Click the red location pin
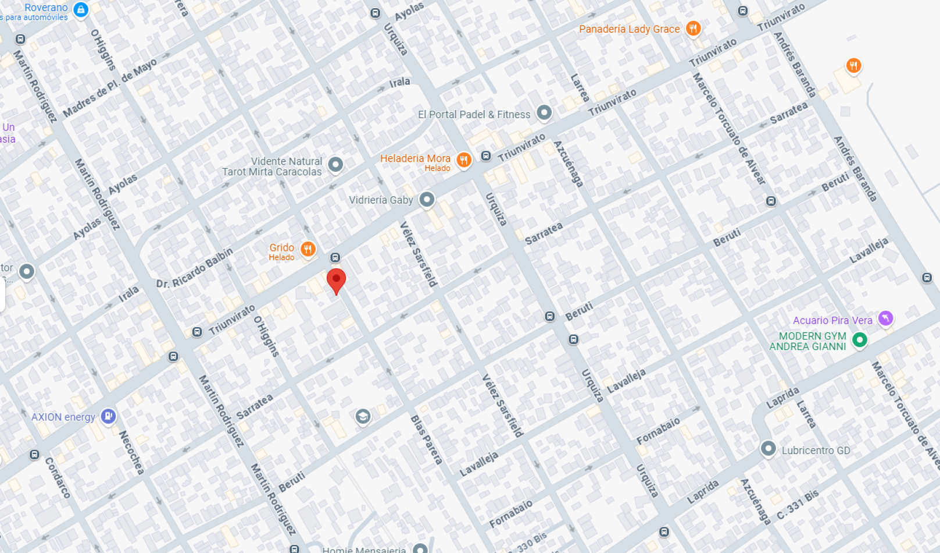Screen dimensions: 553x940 336,280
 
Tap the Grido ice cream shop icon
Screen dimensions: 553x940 308,249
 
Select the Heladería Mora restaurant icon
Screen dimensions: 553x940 463,159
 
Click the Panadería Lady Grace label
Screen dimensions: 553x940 629,29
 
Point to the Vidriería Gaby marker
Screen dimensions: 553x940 427,200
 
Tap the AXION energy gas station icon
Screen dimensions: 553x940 108,416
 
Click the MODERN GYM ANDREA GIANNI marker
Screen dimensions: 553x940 859,339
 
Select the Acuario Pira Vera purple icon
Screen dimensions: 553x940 885,318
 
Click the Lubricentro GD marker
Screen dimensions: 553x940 768,448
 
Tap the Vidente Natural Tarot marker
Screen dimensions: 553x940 335,164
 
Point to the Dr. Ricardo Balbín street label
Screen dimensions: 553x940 194,268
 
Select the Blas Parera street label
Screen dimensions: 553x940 426,439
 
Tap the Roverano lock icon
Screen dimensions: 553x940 81,9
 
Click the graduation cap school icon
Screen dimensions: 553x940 363,416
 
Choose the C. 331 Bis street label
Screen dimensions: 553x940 798,504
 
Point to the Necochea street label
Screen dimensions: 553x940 131,452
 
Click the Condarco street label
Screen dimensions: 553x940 58,477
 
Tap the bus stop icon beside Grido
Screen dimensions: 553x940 335,257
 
